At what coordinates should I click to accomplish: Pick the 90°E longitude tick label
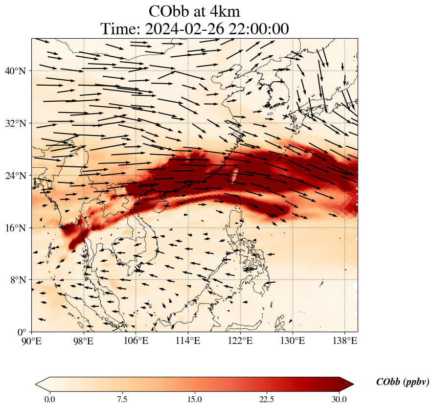click(x=32, y=341)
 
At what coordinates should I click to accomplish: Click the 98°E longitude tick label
click(x=84, y=341)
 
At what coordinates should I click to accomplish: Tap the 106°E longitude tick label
click(x=136, y=341)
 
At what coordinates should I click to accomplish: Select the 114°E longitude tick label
click(x=188, y=341)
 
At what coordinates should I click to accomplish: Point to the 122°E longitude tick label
click(x=240, y=341)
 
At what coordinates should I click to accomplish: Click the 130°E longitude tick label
click(x=292, y=341)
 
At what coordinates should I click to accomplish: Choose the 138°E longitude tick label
click(x=344, y=341)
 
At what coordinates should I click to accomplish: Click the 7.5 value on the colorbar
click(x=122, y=399)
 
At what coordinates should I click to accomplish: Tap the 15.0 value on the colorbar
click(x=195, y=399)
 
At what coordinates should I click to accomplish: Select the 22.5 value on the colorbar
click(x=267, y=399)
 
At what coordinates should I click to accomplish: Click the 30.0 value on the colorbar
click(x=339, y=399)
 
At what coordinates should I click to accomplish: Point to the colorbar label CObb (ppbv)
click(x=402, y=382)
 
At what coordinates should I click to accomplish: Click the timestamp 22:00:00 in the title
click(x=257, y=29)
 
